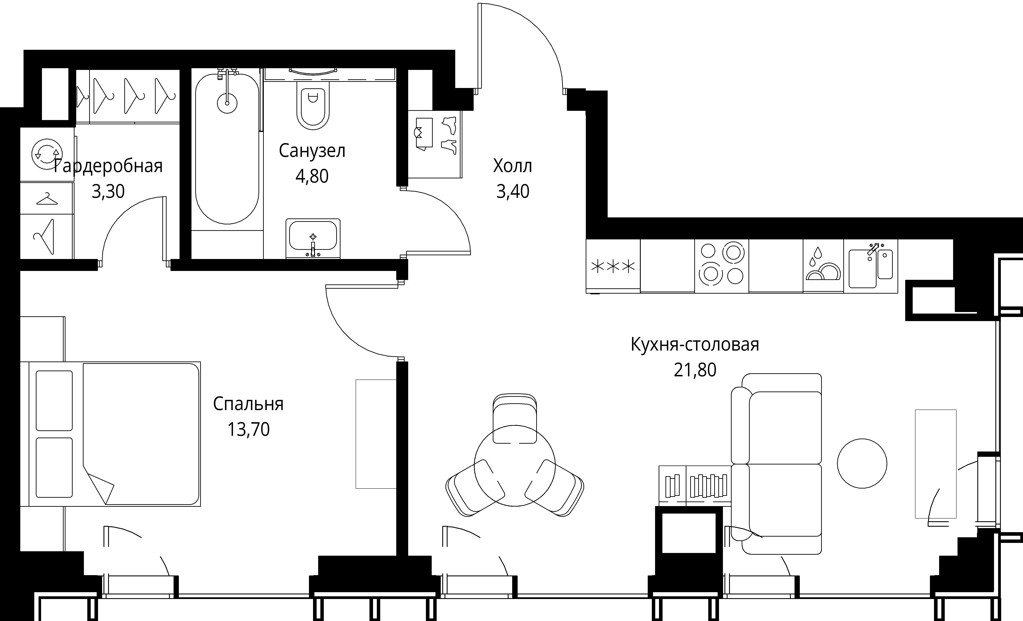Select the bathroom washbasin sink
pyautogui.click(x=313, y=239)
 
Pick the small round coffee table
pyautogui.click(x=862, y=464)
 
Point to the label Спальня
pyautogui.click(x=248, y=404)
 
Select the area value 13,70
pyautogui.click(x=248, y=430)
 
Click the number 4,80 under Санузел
pyautogui.click(x=312, y=176)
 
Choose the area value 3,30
pyautogui.click(x=108, y=192)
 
